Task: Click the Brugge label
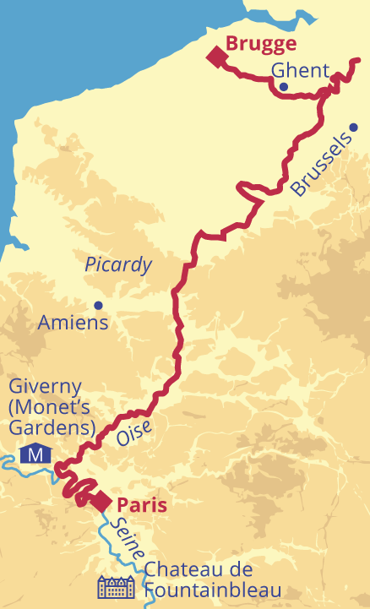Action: (260, 44)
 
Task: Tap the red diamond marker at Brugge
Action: (219, 57)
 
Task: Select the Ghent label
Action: (300, 71)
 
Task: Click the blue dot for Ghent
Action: (283, 86)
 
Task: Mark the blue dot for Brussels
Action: (353, 128)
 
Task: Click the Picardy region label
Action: (118, 264)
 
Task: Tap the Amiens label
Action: (73, 322)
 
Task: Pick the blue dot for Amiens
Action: (98, 305)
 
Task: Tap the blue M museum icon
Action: (35, 454)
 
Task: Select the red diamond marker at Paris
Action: (101, 501)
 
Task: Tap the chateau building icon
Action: (116, 587)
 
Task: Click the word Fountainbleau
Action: (212, 590)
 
